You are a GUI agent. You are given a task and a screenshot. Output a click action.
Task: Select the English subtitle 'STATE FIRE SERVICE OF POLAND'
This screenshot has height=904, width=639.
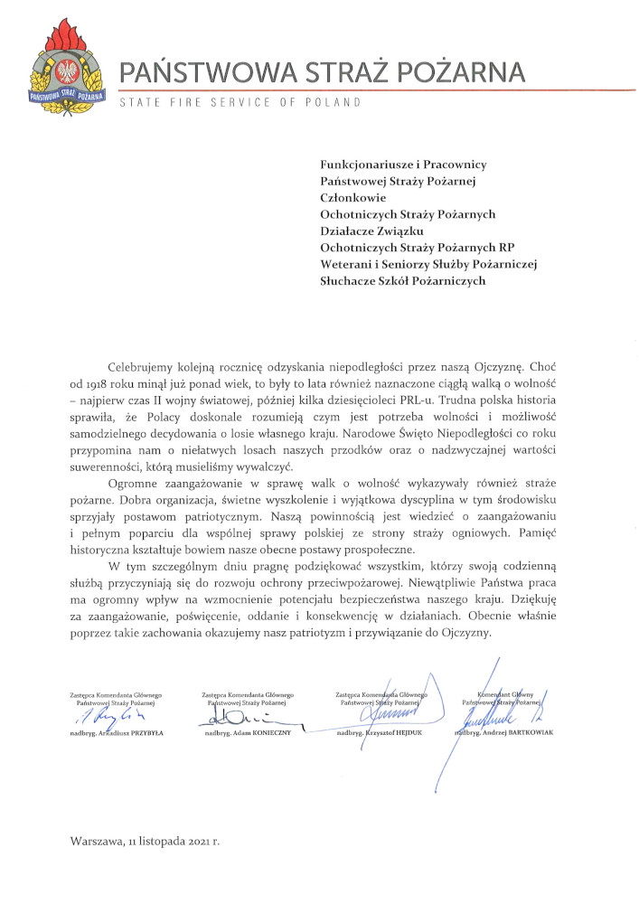pyautogui.click(x=240, y=102)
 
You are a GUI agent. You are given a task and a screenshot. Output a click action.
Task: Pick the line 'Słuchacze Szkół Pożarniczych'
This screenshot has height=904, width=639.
pyautogui.click(x=403, y=281)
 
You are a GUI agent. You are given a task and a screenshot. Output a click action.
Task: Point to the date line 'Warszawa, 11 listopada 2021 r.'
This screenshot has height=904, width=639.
pyautogui.click(x=146, y=840)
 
